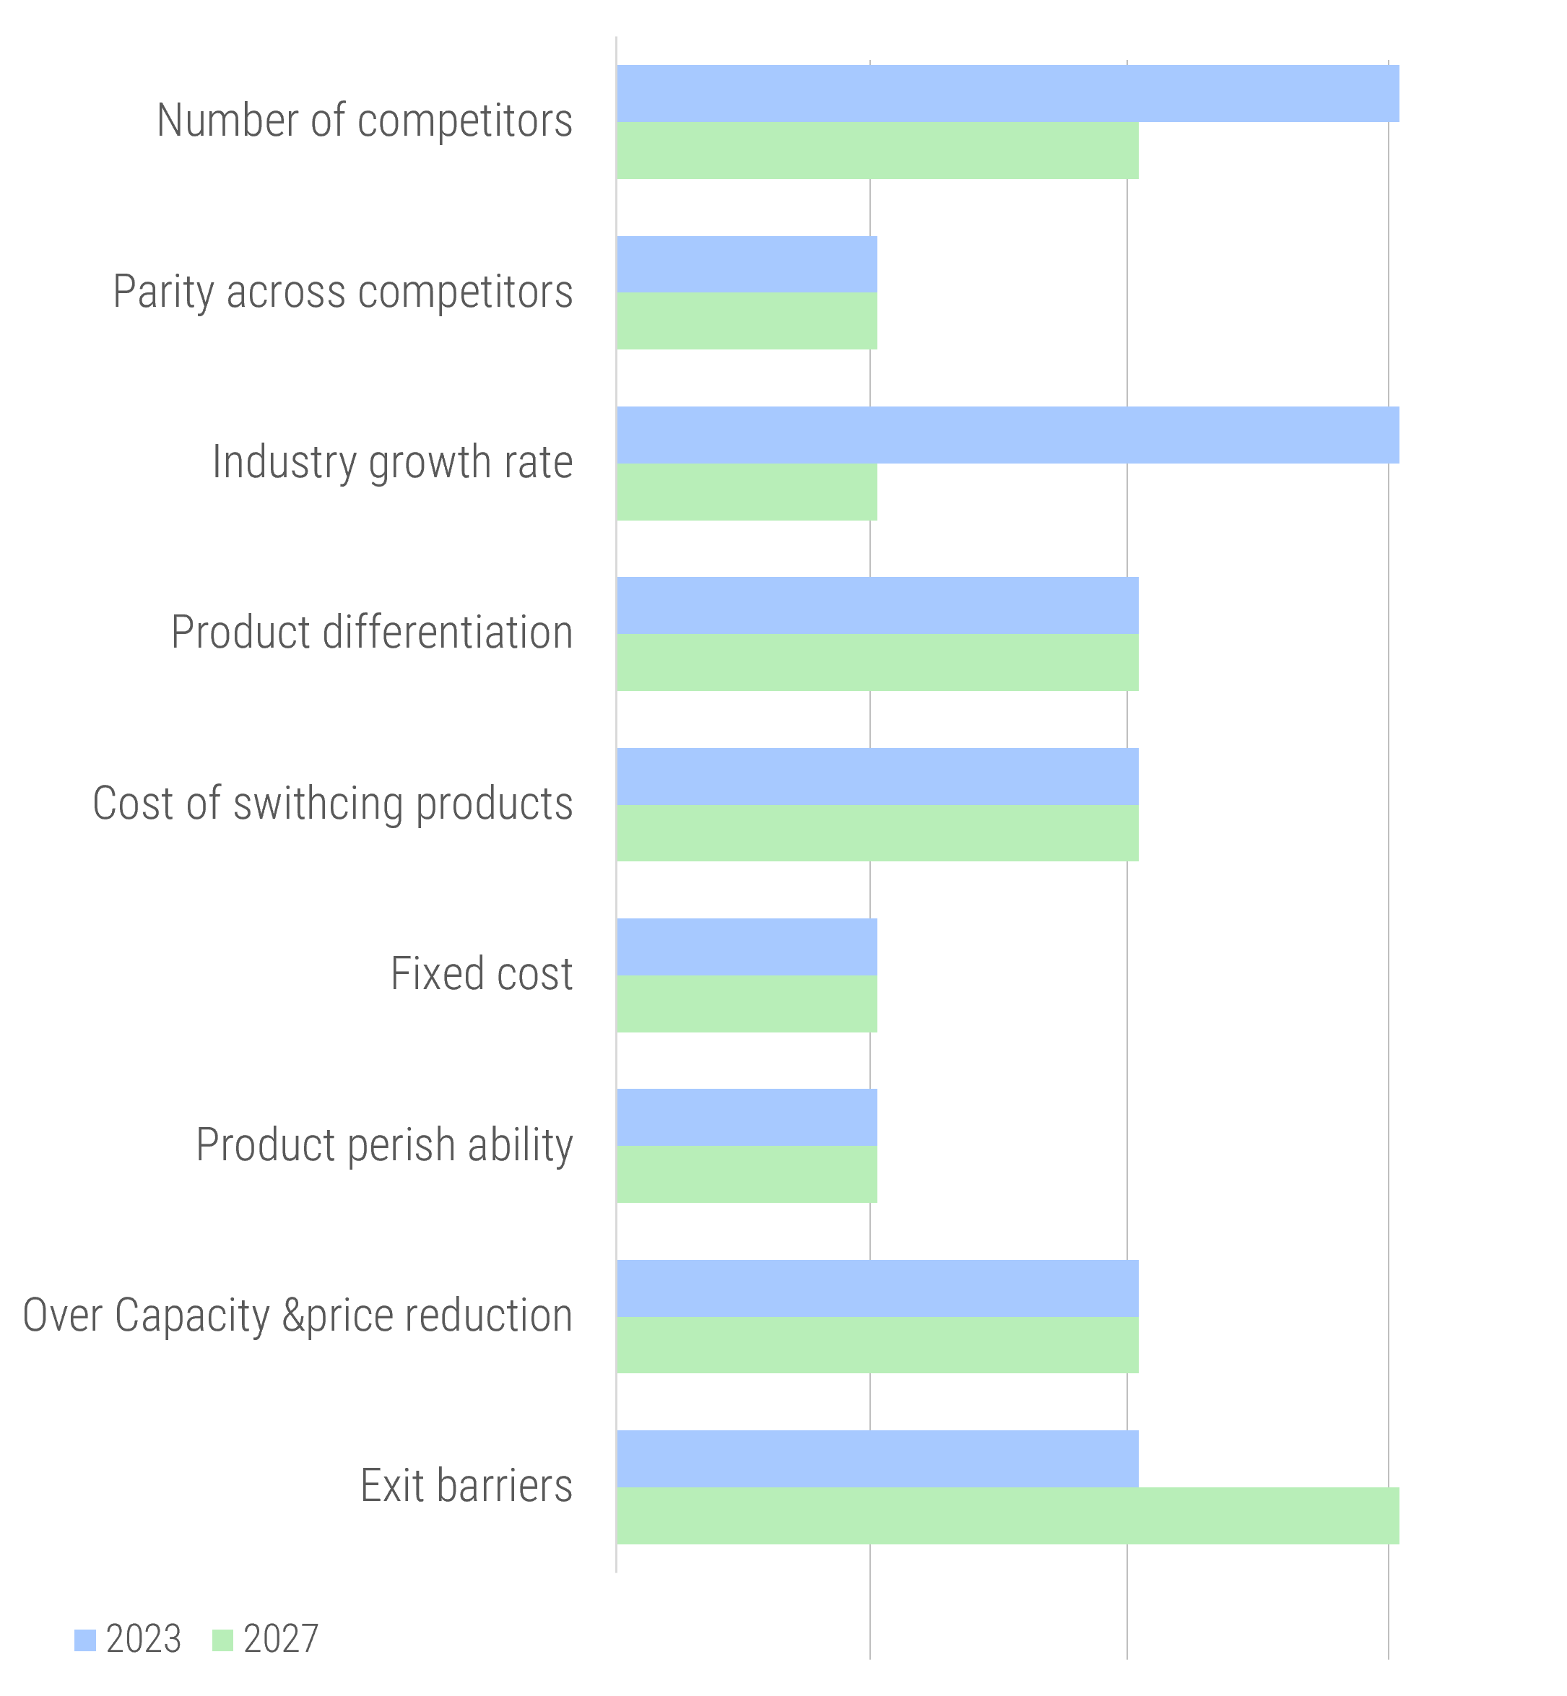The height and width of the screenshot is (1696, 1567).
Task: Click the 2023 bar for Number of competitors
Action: click(1007, 93)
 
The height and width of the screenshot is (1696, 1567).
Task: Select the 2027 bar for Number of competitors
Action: click(877, 150)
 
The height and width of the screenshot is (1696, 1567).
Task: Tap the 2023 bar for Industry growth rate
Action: click(1007, 435)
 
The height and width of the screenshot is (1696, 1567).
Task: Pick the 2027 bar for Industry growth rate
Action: click(746, 492)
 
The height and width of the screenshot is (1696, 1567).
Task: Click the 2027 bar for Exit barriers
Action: click(1007, 1515)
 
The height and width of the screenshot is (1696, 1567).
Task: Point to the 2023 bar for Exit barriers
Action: click(877, 1458)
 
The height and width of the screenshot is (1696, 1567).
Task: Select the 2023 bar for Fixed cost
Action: click(746, 947)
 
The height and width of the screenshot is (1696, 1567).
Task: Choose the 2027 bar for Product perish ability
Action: click(746, 1174)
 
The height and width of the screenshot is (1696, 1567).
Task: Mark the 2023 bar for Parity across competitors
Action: click(746, 264)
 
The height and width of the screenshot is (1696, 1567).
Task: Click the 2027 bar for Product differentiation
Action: click(877, 662)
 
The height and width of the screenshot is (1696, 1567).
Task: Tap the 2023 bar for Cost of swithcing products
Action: click(877, 776)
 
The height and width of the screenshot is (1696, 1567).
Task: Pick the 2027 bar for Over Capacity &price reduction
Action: click(877, 1345)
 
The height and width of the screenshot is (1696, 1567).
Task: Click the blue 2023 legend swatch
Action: click(84, 1640)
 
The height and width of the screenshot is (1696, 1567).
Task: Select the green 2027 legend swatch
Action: click(222, 1640)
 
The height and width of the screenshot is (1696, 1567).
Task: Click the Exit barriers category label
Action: click(466, 1486)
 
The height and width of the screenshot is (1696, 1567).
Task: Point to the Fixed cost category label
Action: click(482, 973)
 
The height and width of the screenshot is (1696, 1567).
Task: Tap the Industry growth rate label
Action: click(391, 462)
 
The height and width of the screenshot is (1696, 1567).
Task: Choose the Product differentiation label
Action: click(371, 632)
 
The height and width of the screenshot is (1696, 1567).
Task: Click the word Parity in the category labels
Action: click(162, 292)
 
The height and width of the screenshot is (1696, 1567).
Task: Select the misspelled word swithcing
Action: click(318, 803)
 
